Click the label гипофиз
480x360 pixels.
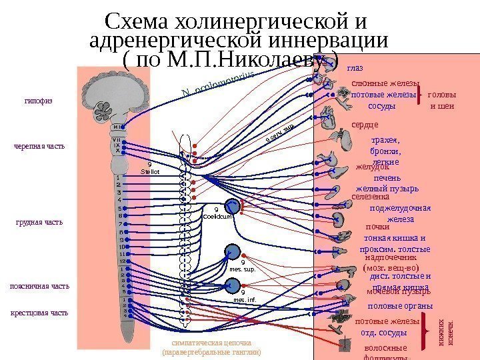pyautogui.click(x=37, y=103)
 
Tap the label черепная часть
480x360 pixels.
pyautogui.click(x=39, y=146)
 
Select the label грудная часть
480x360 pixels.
pyautogui.click(x=39, y=222)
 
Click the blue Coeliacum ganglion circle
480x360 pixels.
pyautogui.click(x=233, y=207)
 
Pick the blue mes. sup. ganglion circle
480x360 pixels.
pyautogui.click(x=233, y=251)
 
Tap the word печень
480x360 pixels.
pyautogui.click(x=387, y=178)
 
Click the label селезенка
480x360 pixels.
pyautogui.click(x=370, y=197)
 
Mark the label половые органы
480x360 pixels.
pyautogui.click(x=400, y=306)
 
